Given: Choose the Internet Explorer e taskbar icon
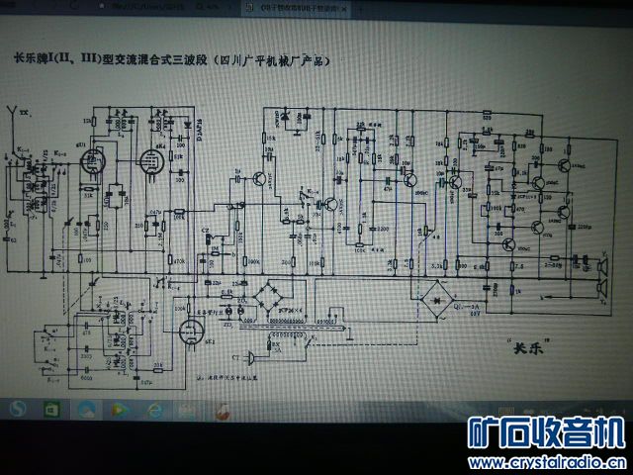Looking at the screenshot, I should click(150, 408).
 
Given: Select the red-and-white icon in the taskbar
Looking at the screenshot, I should click(224, 408).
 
